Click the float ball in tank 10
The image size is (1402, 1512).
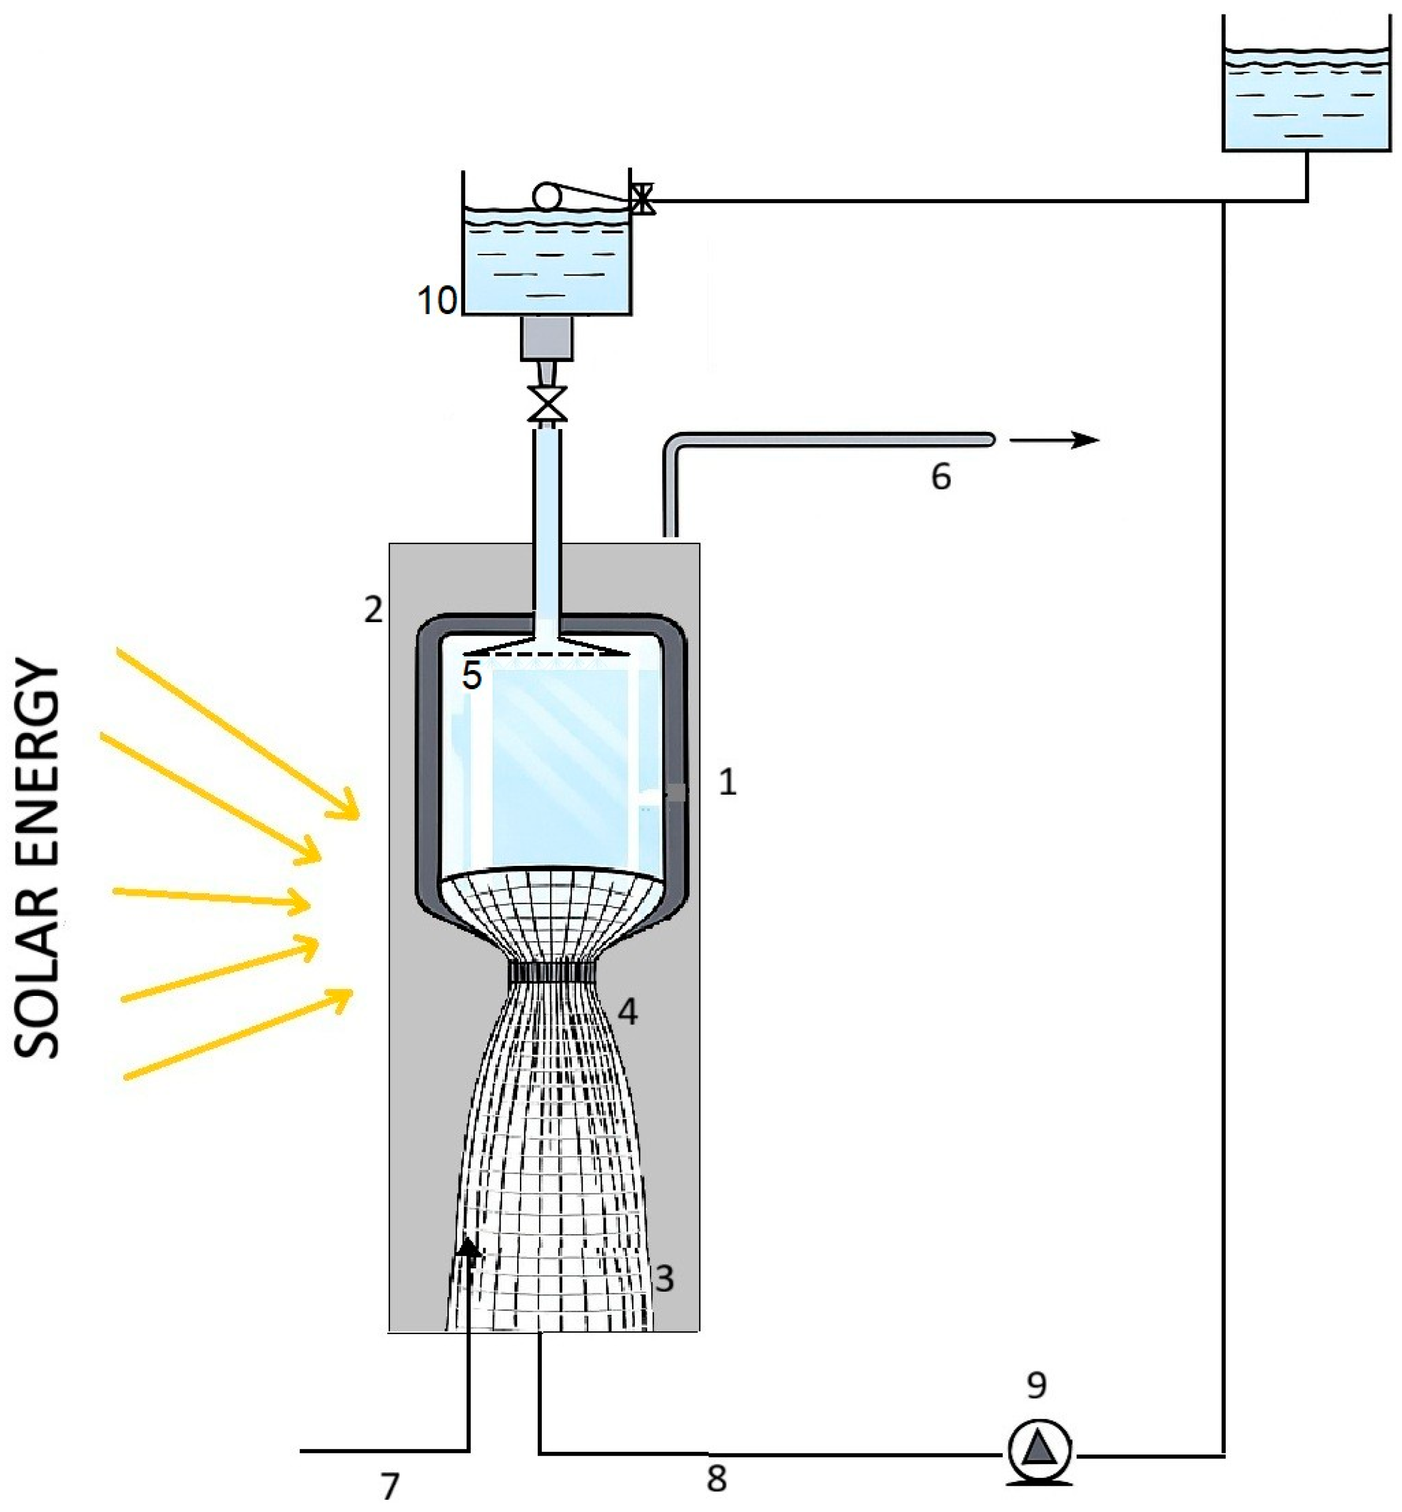[x=546, y=196]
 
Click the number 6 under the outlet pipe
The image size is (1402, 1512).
[x=941, y=477]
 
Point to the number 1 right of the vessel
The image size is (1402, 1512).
[x=727, y=782]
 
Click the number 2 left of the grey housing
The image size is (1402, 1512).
[x=373, y=609]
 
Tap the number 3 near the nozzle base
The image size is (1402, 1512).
[x=664, y=1278]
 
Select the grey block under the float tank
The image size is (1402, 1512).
[x=546, y=338]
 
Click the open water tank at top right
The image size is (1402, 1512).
[x=1307, y=99]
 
